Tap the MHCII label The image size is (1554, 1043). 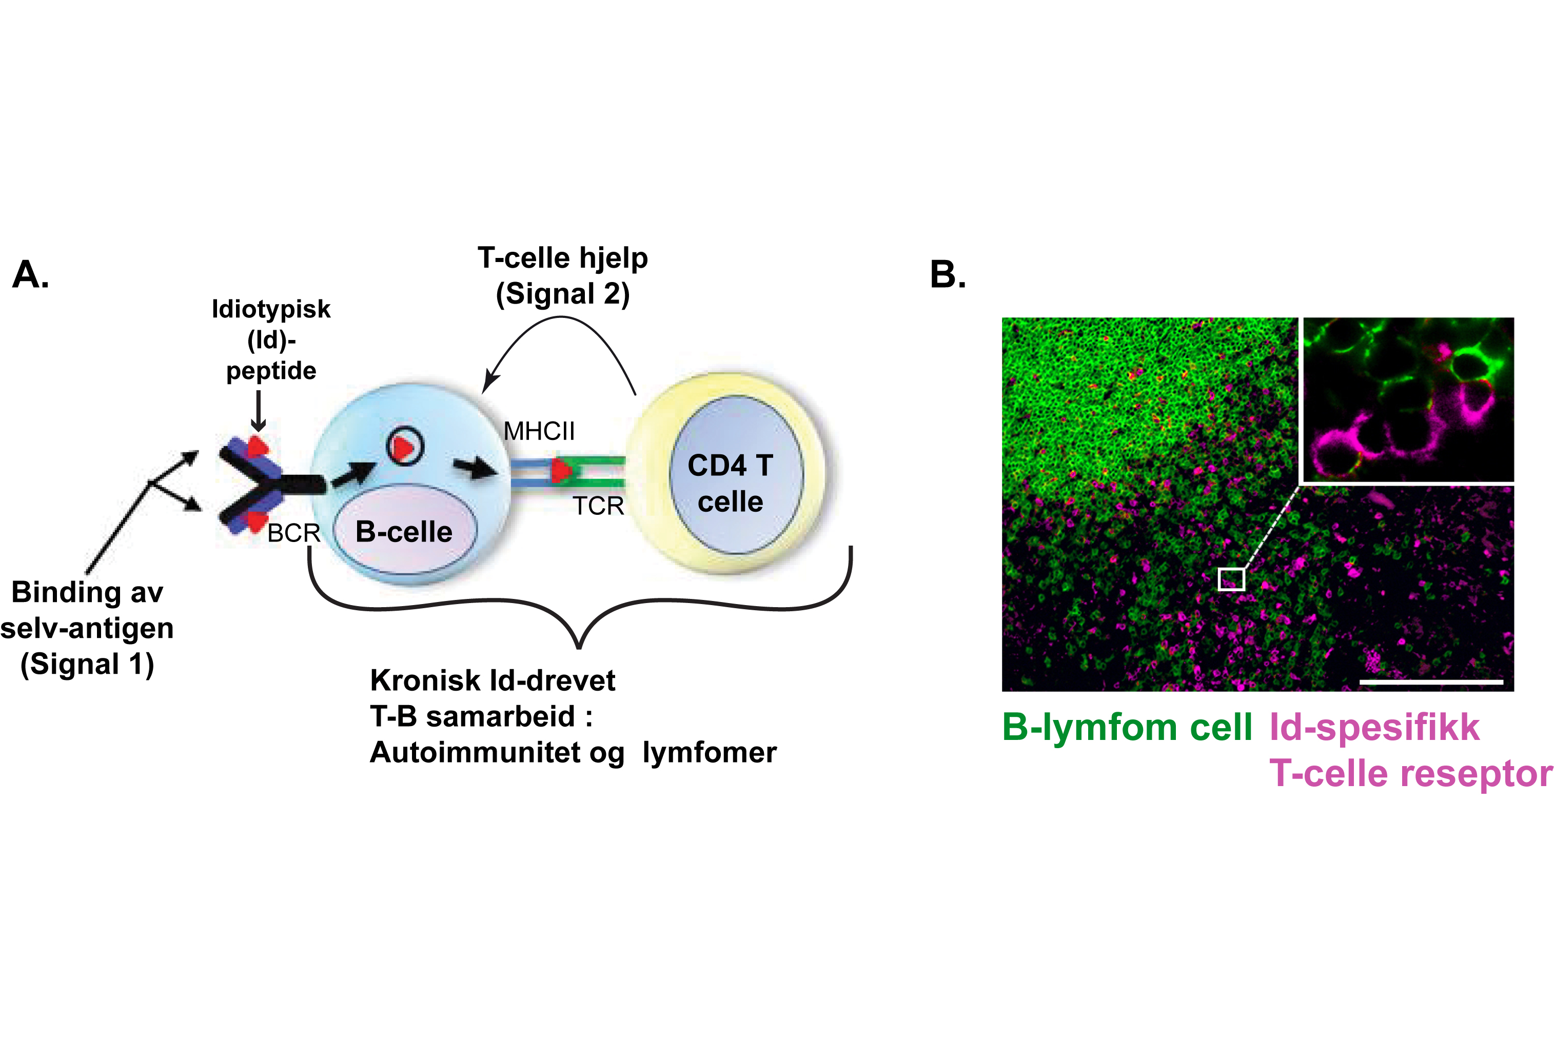tap(538, 431)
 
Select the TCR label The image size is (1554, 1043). tap(598, 506)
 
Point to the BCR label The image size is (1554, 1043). tap(293, 533)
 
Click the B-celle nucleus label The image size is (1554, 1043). tap(404, 531)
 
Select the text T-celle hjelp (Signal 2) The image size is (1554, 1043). tap(562, 275)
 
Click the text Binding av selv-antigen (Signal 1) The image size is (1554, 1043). tap(87, 628)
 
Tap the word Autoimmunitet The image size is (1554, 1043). tap(497, 752)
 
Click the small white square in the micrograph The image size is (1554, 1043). tap(1231, 579)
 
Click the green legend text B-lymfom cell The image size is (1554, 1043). tap(1127, 727)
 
